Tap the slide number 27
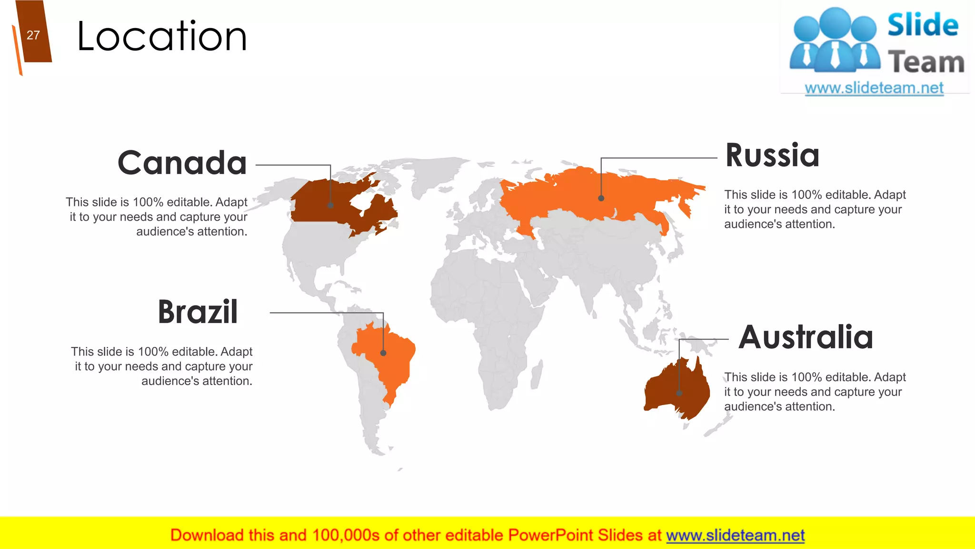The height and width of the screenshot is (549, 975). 33,35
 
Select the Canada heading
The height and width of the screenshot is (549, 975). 182,163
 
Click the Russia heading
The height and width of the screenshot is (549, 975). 772,155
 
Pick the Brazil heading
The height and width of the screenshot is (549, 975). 198,312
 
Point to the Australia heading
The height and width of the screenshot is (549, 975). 806,337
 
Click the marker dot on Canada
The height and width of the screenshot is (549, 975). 330,205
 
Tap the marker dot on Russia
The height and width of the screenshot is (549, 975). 601,198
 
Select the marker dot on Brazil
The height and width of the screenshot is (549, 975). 383,353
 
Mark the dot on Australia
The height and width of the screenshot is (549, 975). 679,393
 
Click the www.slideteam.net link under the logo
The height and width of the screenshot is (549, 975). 874,88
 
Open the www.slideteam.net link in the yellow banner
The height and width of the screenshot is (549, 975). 735,535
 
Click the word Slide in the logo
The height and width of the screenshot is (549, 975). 923,25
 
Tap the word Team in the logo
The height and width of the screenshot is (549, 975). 926,62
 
